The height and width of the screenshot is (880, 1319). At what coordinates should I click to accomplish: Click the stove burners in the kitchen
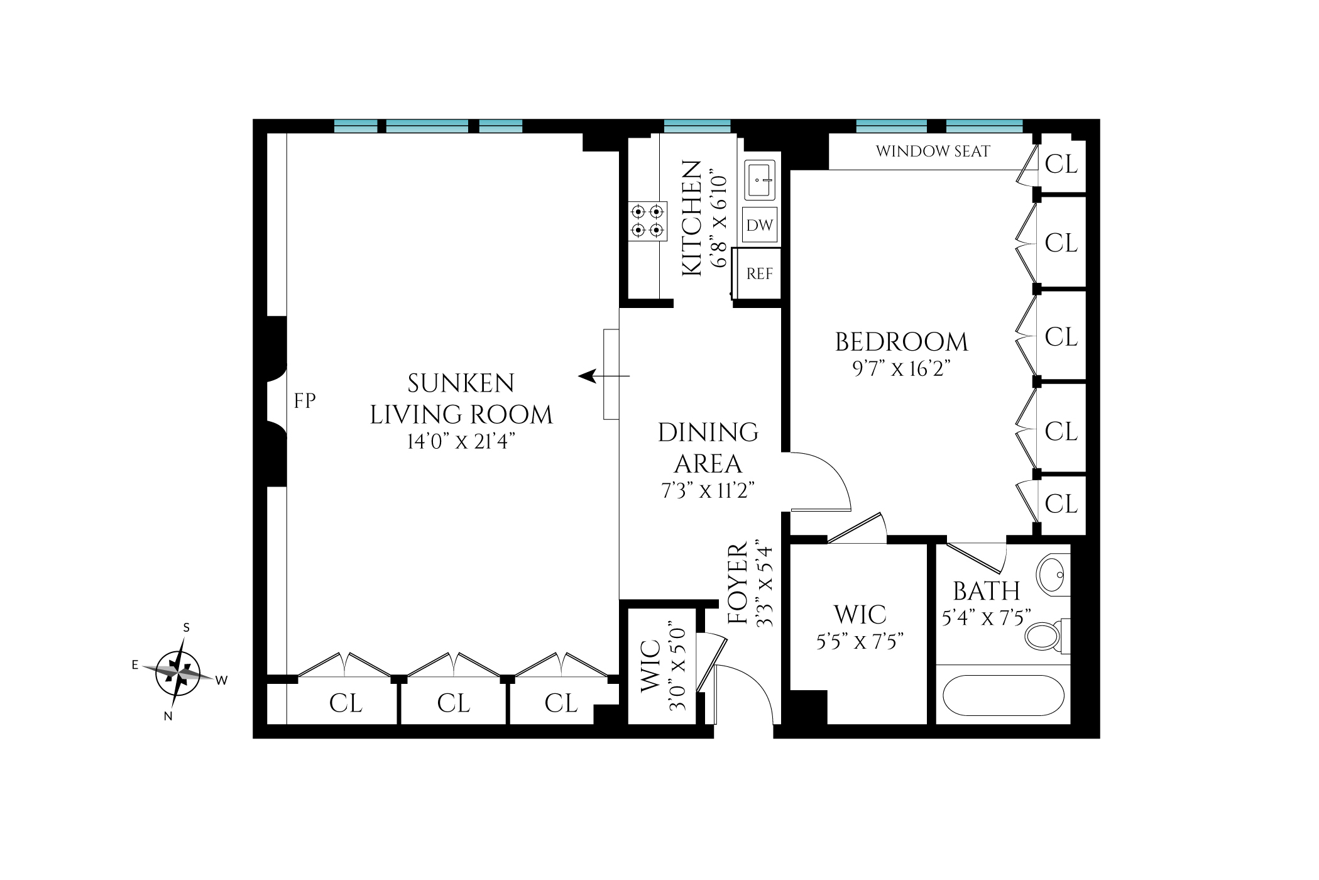click(x=647, y=221)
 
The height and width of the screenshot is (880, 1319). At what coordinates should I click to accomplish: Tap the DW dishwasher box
click(x=759, y=225)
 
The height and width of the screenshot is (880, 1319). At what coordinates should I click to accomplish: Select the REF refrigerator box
click(x=759, y=273)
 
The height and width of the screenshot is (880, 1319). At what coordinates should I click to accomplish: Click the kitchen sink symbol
click(x=759, y=180)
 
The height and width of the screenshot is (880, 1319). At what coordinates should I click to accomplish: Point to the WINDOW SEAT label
click(x=933, y=151)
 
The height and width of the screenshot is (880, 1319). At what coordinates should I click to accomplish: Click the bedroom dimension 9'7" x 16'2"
click(x=901, y=368)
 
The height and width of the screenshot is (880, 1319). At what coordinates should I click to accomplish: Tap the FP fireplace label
click(x=305, y=400)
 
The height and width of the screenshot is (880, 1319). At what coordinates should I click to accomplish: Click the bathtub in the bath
click(x=1003, y=695)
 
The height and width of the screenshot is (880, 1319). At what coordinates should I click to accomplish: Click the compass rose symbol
click(x=178, y=673)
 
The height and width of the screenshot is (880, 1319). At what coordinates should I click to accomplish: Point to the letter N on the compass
click(x=168, y=716)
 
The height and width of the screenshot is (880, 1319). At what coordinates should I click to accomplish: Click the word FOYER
click(x=738, y=584)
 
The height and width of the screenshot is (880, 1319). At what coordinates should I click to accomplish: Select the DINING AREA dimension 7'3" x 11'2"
click(x=708, y=490)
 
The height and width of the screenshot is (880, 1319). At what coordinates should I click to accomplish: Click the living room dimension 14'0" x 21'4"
click(x=461, y=441)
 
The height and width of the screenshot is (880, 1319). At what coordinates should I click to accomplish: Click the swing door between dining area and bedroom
click(x=820, y=481)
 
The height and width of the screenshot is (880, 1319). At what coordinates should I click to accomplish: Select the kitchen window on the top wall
click(x=697, y=126)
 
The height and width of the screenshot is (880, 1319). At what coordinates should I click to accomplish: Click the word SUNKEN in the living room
click(x=461, y=383)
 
